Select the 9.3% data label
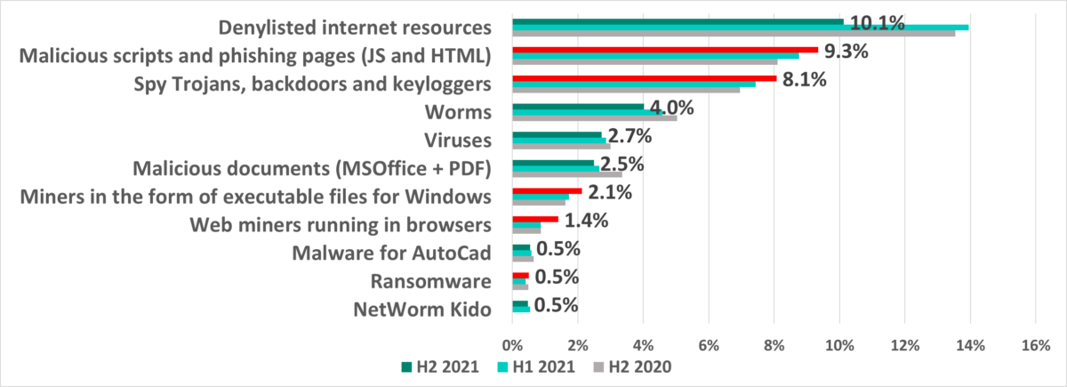pos(847,52)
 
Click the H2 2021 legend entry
pos(441,366)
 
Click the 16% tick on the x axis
pos(1035,343)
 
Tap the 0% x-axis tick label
pos(513,343)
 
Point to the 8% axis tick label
pos(774,343)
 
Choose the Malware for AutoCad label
pos(392,254)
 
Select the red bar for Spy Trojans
pos(645,78)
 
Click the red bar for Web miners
pos(535,219)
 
